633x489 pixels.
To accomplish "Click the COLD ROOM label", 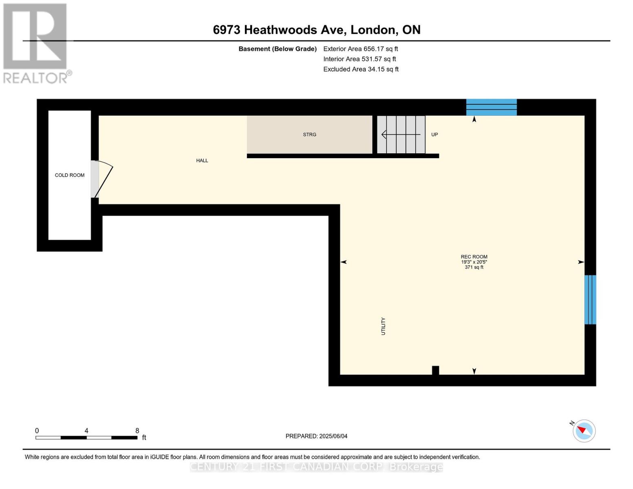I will [x=70, y=175].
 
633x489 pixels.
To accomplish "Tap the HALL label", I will [x=202, y=161].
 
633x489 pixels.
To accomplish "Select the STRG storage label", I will [x=309, y=134].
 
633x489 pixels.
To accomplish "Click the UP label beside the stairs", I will [x=434, y=134].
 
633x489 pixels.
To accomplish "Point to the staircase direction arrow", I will [x=400, y=134].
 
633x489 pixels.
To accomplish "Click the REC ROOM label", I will [x=474, y=257].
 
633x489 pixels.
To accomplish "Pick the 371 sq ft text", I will [x=474, y=267].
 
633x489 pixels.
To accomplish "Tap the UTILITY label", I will [x=383, y=326].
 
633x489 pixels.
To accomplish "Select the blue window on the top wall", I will [x=491, y=107].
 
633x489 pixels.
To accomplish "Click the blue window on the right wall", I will [x=590, y=300].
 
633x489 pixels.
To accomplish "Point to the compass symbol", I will [x=584, y=431].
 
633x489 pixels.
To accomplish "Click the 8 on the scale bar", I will [x=137, y=431].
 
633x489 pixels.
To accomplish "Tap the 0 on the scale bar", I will [x=37, y=431].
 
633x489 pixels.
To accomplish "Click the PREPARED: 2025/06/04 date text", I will [x=316, y=436].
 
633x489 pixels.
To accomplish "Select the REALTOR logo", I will [x=36, y=43].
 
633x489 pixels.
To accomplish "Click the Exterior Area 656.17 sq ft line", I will [x=360, y=49].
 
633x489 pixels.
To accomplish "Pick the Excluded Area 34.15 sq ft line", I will [x=361, y=69].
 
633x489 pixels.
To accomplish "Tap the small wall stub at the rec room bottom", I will [x=435, y=370].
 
